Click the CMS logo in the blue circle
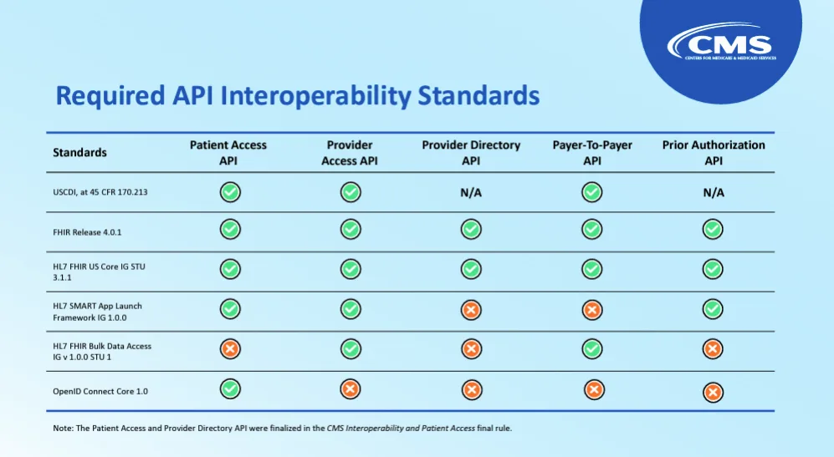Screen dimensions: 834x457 click(722, 42)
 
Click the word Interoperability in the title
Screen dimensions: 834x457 click(315, 96)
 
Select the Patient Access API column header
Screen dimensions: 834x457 click(228, 153)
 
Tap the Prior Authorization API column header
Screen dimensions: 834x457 click(714, 153)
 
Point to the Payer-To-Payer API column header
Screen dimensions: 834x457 click(592, 153)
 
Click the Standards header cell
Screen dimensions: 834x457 click(79, 153)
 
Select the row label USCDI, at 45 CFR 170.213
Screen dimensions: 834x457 click(100, 192)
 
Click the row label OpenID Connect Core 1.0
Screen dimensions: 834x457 click(100, 391)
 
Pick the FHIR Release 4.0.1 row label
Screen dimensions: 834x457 click(87, 232)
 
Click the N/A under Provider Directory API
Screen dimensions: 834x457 click(471, 192)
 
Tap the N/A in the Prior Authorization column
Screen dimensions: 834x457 click(714, 192)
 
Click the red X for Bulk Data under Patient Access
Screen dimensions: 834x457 click(230, 349)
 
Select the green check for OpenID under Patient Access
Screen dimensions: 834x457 click(230, 389)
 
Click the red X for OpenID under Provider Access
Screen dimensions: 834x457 click(350, 389)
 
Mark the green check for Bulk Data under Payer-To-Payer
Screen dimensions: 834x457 click(592, 349)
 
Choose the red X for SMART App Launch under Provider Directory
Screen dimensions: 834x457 click(471, 310)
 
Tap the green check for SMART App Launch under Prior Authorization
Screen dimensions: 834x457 click(713, 309)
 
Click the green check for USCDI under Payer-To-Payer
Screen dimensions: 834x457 click(592, 192)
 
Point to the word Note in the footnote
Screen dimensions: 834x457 click(62, 429)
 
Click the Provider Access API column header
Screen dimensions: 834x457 click(350, 153)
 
